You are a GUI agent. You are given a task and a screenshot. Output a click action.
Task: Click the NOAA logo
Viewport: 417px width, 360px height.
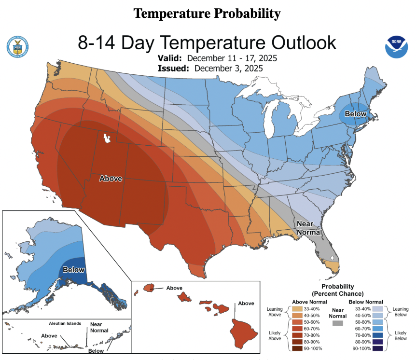pos(397,47)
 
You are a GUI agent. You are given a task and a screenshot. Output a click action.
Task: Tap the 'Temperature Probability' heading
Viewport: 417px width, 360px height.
pos(207,14)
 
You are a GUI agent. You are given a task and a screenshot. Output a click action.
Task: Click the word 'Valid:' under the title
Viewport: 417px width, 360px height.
pos(170,58)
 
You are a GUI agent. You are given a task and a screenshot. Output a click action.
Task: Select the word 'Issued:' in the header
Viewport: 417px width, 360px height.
pos(174,68)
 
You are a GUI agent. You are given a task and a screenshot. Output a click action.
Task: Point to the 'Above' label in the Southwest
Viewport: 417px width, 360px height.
pos(111,179)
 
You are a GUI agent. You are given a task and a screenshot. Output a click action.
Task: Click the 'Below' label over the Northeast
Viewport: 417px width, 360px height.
pos(356,114)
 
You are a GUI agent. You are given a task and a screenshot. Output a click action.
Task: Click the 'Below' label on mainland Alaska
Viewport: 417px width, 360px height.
pos(74,269)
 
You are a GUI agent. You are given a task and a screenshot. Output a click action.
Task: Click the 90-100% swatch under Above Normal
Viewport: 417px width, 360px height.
pos(298,347)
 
